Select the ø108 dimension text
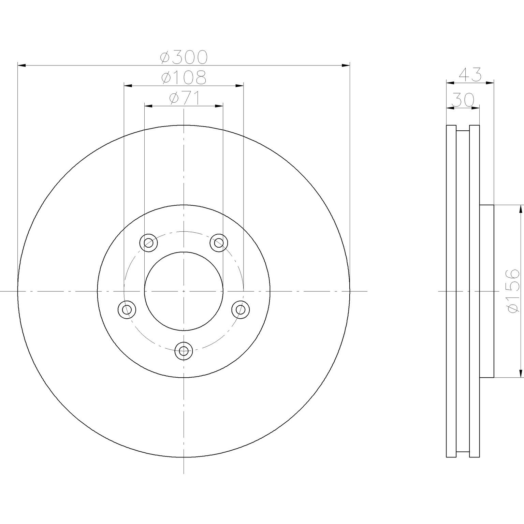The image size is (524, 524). click(184, 77)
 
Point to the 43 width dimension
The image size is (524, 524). click(470, 74)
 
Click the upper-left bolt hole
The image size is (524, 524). click(148, 243)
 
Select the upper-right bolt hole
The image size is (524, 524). click(219, 243)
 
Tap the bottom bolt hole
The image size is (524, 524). click(184, 350)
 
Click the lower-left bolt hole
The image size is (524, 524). click(127, 310)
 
